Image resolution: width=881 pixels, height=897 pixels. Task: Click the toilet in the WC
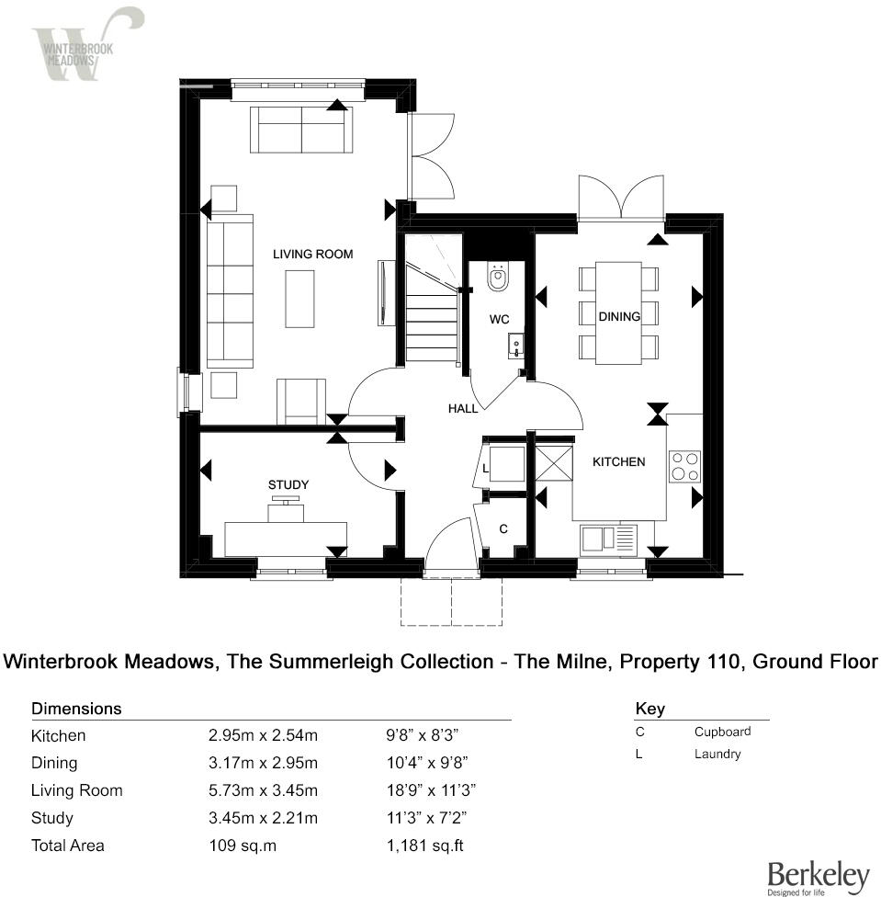498,278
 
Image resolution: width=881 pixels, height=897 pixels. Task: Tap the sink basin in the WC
515,345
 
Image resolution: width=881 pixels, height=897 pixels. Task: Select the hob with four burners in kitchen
683,466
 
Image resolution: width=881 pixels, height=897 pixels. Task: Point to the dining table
618,312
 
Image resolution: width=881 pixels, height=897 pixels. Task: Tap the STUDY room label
288,484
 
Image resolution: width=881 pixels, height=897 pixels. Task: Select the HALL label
463,408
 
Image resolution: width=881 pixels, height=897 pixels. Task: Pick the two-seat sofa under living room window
301,129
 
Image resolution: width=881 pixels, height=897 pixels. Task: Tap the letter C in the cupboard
503,529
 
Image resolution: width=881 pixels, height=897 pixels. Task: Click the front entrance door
450,548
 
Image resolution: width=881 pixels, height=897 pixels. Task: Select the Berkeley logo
817,877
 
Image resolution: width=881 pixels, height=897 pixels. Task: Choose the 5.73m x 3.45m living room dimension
263,790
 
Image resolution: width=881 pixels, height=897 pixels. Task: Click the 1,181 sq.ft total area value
424,846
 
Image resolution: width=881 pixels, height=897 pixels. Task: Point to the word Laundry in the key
717,754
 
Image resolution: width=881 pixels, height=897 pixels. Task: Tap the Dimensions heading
76,709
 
